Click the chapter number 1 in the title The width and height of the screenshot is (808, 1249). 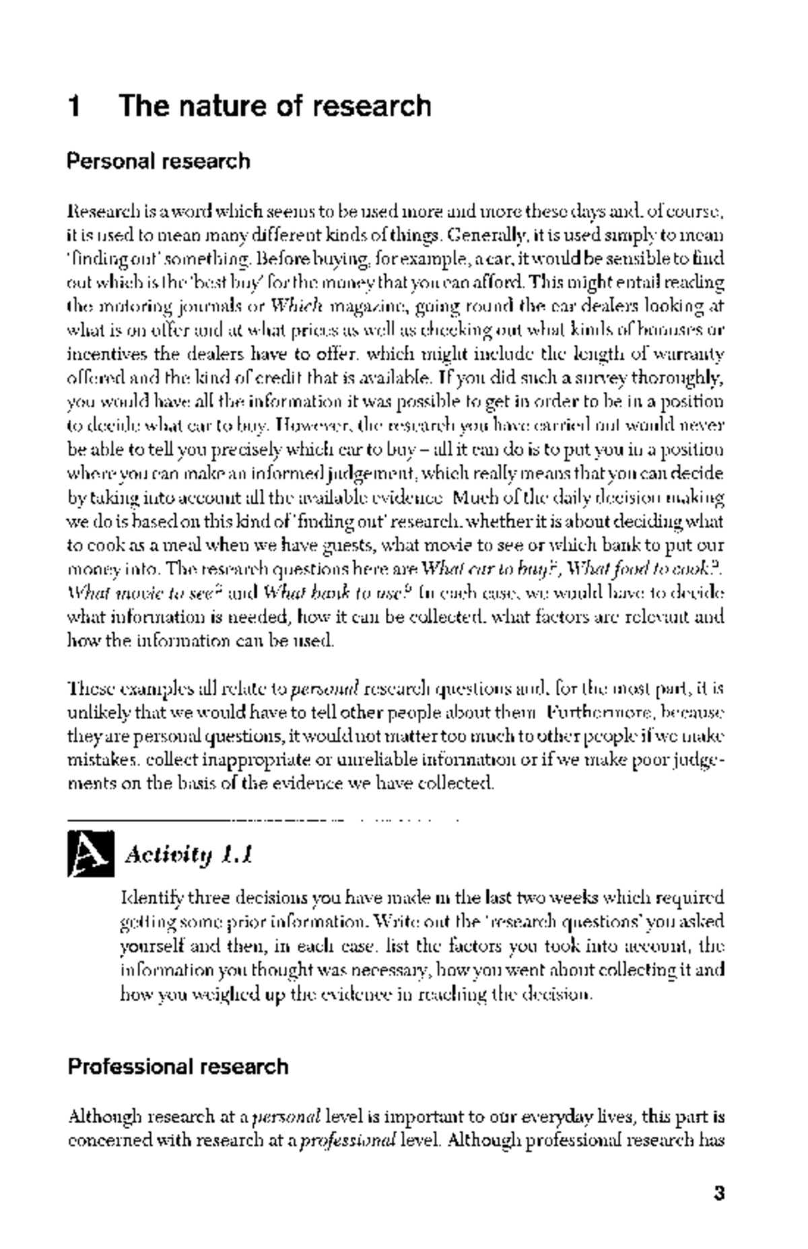[75, 106]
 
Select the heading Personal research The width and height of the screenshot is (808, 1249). [158, 162]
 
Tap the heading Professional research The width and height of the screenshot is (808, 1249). [178, 1067]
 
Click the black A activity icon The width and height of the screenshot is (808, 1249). [90, 854]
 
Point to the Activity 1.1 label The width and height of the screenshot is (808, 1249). [189, 855]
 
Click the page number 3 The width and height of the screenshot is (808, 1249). [718, 1194]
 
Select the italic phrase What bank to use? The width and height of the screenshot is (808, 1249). [337, 593]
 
